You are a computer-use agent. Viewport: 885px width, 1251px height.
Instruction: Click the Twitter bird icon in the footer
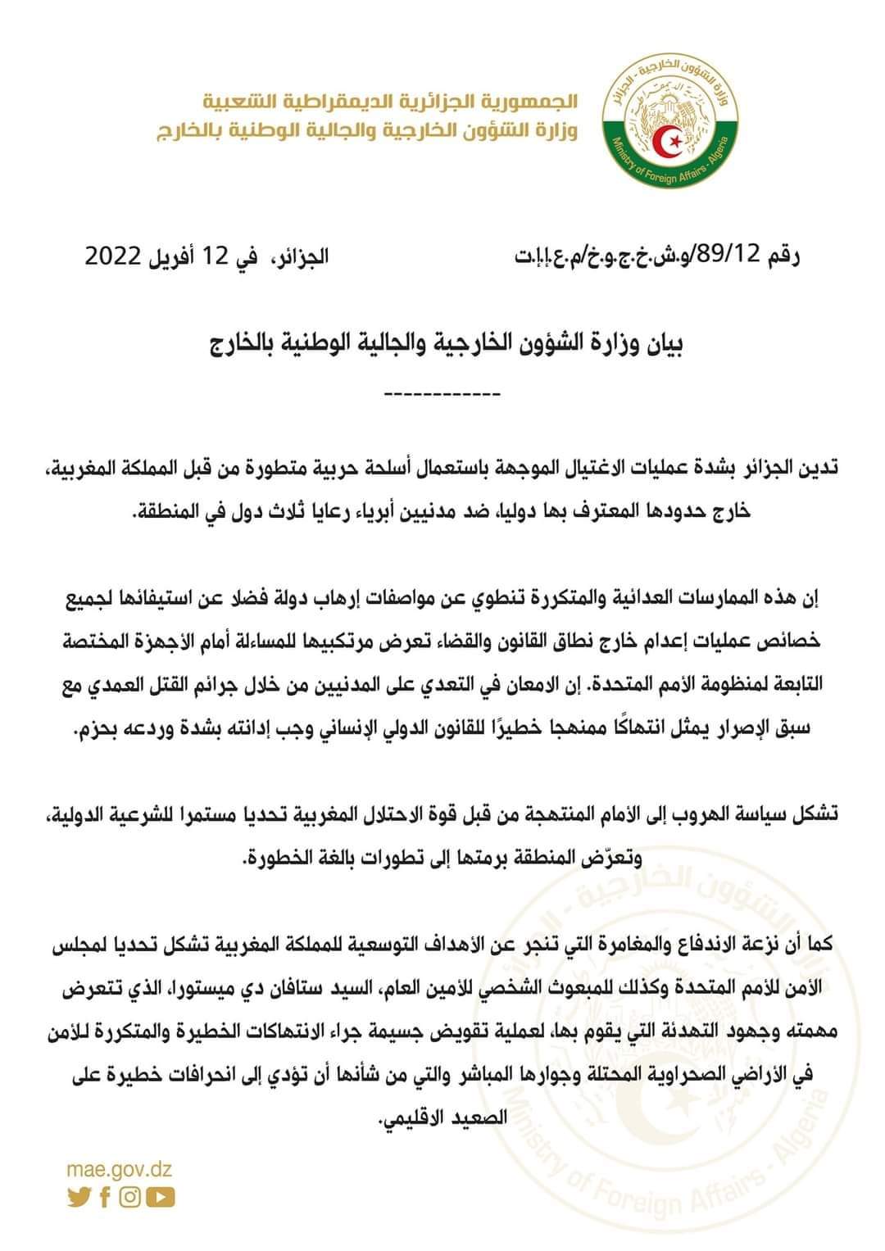tap(79, 1197)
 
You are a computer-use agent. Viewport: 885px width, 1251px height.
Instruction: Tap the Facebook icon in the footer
tap(105, 1197)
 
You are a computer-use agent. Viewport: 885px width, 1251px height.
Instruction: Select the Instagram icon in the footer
tap(130, 1197)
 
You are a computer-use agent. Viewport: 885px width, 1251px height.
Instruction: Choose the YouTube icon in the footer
tap(162, 1197)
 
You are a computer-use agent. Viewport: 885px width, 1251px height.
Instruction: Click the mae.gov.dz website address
tap(120, 1170)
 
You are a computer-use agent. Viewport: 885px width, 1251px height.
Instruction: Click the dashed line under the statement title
tap(442, 395)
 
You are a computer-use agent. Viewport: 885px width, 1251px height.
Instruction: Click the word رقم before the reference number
tap(783, 256)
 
